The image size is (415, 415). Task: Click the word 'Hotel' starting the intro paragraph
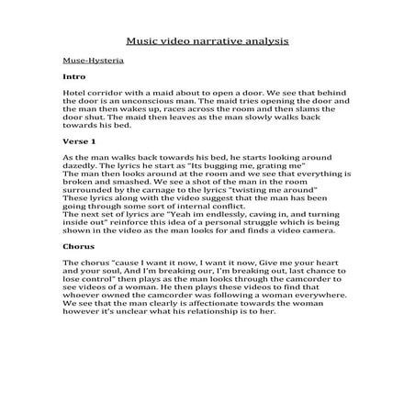(75, 94)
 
